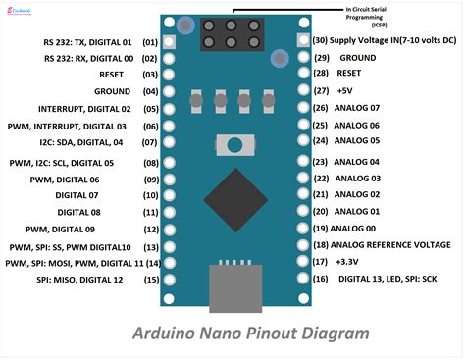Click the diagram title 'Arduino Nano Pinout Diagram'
250,333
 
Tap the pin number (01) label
150,42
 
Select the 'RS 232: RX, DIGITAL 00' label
76,59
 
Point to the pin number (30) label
320,41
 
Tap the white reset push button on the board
233,145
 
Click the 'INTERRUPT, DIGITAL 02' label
84,109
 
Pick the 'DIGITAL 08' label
109,212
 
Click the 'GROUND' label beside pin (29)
357,58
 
